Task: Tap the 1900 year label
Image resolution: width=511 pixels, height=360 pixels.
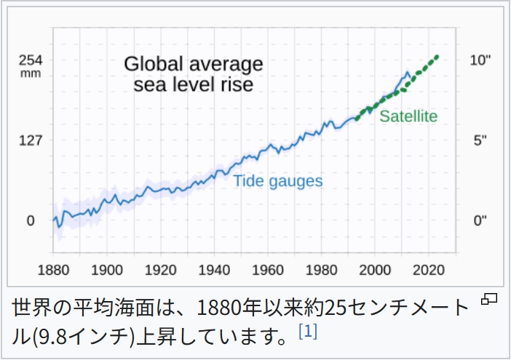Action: [107, 270]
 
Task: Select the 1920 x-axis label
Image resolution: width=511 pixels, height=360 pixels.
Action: [160, 270]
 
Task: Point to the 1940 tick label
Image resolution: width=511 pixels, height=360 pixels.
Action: [214, 270]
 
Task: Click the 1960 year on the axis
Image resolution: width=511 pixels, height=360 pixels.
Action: [268, 270]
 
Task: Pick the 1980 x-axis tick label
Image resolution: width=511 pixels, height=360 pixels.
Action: [321, 270]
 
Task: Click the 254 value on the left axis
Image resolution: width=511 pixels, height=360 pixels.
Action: [31, 60]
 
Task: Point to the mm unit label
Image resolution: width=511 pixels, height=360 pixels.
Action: [31, 73]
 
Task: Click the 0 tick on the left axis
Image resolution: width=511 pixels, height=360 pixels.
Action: [31, 220]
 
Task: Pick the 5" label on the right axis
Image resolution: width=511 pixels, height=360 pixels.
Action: [478, 140]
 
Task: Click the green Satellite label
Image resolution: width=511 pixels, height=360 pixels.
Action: [408, 116]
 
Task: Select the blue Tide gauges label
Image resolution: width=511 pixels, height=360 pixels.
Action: [277, 181]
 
